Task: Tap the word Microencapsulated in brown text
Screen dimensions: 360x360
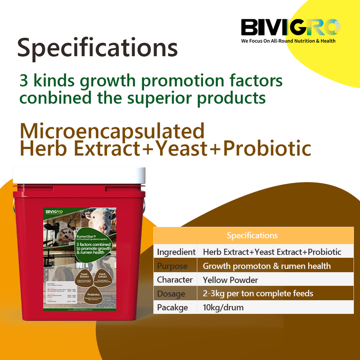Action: coord(112,131)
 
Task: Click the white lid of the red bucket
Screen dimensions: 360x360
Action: coord(79,175)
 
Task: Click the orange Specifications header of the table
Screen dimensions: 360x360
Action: coord(252,236)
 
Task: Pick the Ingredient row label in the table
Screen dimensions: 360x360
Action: coord(175,252)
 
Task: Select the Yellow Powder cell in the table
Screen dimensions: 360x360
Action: coord(230,280)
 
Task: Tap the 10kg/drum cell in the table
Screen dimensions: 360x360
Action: coord(223,308)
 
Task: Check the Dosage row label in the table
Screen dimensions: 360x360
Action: coord(171,294)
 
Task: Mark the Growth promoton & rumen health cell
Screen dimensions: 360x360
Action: coord(267,266)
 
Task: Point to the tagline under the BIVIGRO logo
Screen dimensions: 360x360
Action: coord(288,41)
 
